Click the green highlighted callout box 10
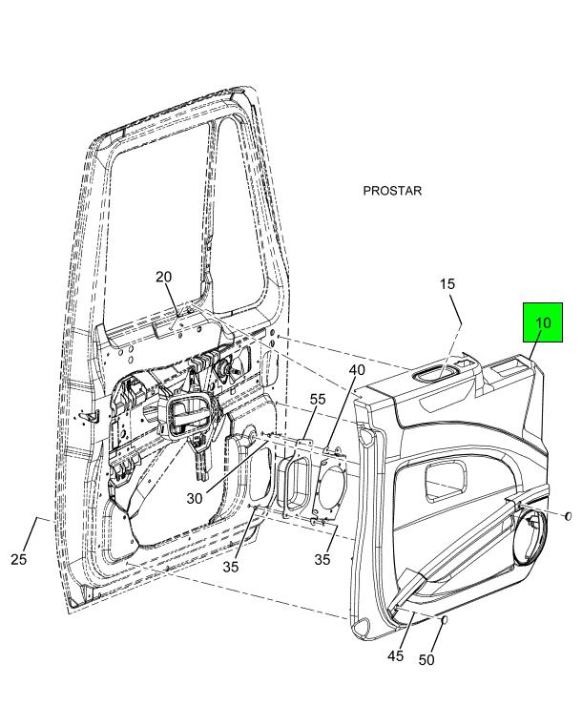[542, 323]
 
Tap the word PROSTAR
[392, 191]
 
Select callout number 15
[447, 284]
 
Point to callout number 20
[164, 277]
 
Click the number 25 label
[19, 559]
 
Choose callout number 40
[356, 369]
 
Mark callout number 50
[426, 661]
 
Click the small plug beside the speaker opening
[569, 516]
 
